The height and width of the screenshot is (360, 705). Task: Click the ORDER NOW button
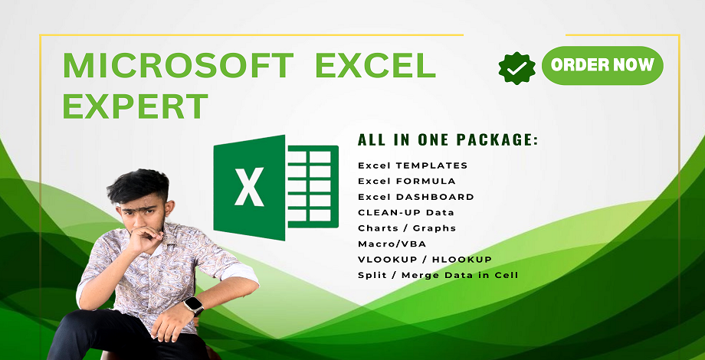click(602, 66)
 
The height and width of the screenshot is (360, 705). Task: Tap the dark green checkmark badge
click(517, 68)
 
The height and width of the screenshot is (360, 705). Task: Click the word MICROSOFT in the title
click(178, 66)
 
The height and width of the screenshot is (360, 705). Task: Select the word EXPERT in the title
click(136, 106)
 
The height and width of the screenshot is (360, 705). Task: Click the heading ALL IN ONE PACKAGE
click(448, 139)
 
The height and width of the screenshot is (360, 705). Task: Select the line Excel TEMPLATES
click(413, 165)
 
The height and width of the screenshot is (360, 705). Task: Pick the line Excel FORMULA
click(407, 181)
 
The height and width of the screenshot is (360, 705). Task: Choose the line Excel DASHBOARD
click(416, 197)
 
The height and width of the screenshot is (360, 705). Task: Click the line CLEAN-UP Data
click(406, 213)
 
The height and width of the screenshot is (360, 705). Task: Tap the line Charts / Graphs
click(407, 228)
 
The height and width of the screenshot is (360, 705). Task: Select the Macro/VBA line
click(392, 244)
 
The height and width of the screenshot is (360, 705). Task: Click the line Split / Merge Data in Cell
click(438, 275)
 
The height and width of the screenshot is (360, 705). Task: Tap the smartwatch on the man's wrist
click(194, 306)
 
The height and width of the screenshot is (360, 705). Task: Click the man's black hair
click(138, 185)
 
